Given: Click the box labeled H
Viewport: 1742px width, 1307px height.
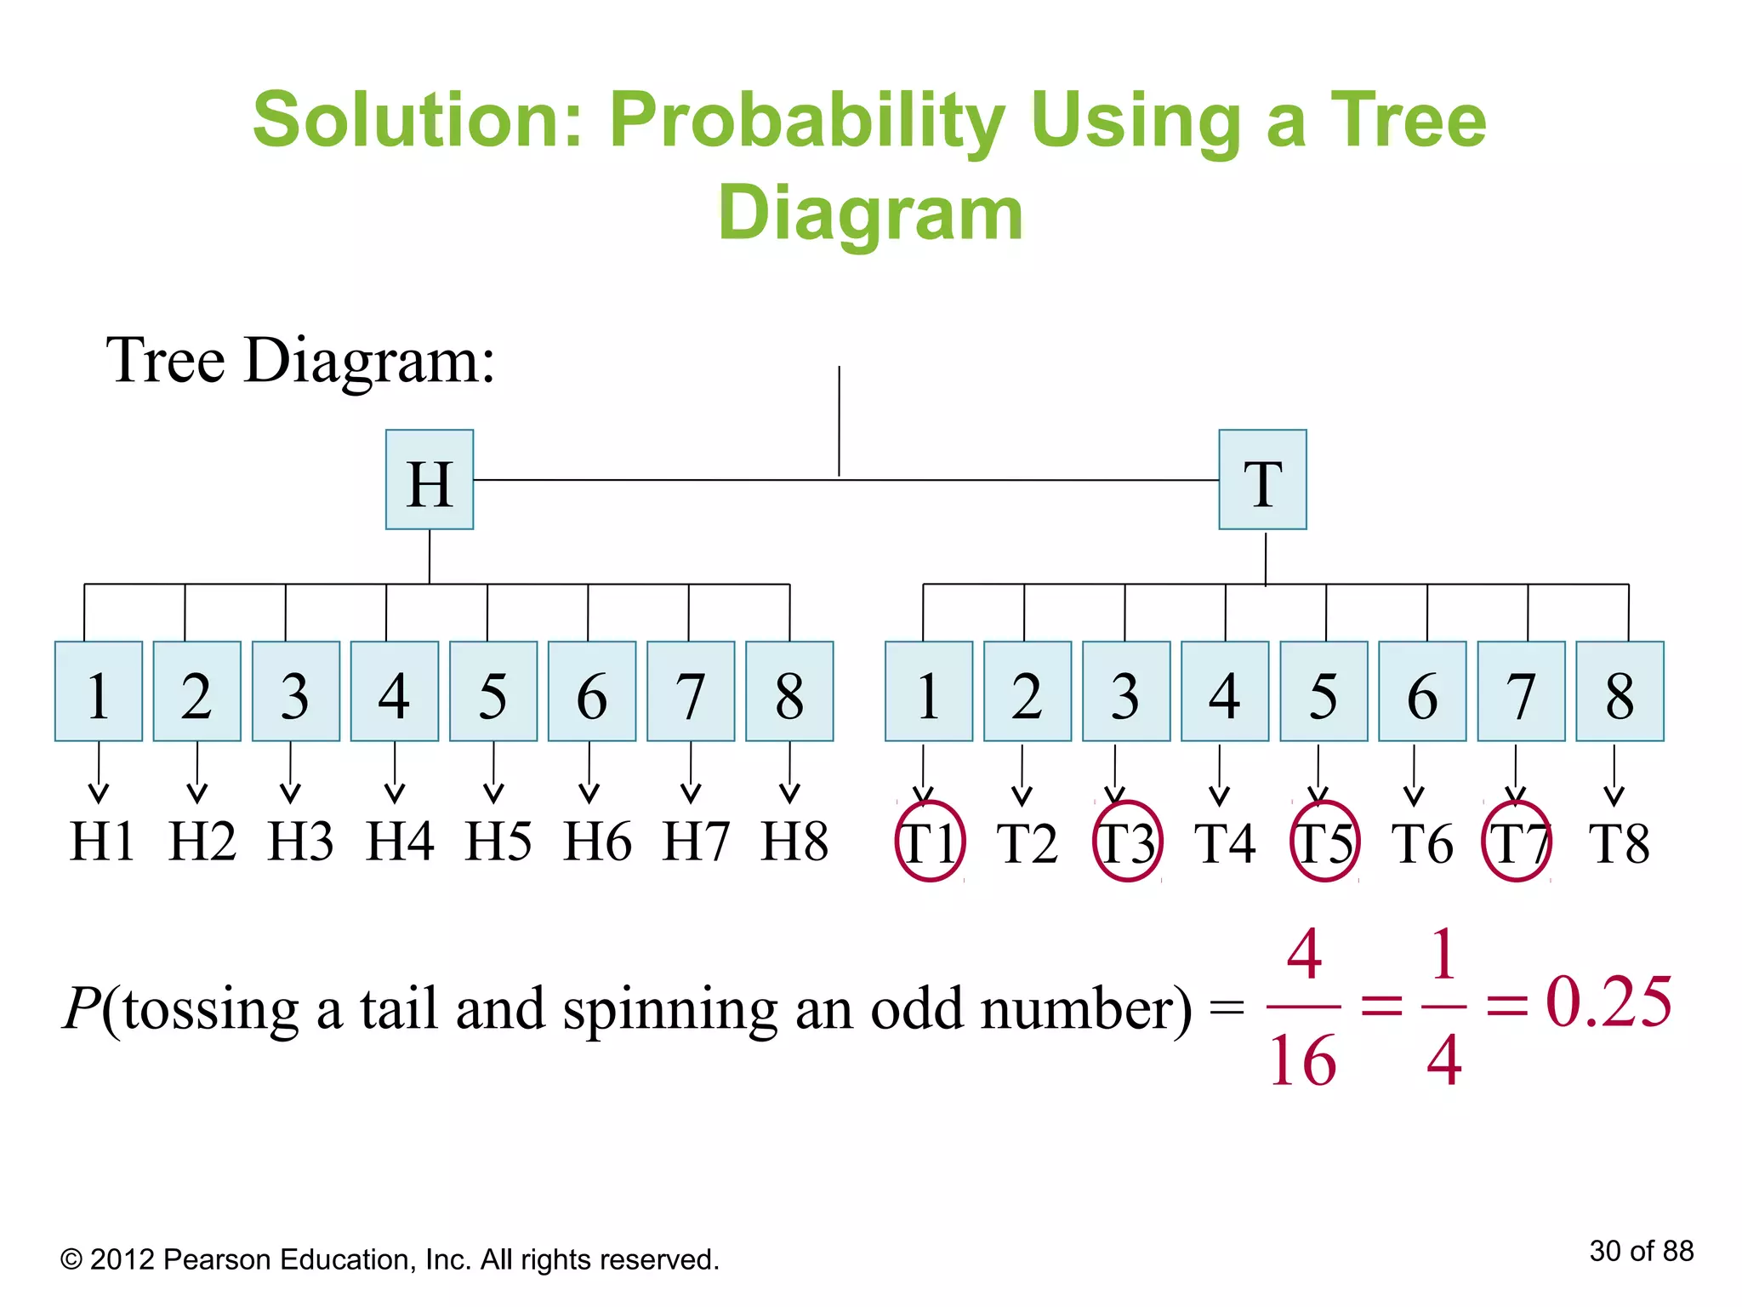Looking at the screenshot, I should pyautogui.click(x=430, y=480).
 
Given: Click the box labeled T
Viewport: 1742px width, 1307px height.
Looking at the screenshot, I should pyautogui.click(x=1262, y=480).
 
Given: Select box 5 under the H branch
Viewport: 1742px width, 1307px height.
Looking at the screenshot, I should pyautogui.click(x=493, y=691).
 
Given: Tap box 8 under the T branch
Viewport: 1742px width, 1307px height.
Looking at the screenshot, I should pyautogui.click(x=1620, y=691).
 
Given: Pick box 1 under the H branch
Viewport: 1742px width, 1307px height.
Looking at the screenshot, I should pyautogui.click(x=99, y=691).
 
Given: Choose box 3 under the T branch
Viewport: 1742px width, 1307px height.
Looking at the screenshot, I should pyautogui.click(x=1126, y=691).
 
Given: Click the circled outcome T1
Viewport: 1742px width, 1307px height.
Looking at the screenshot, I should pyautogui.click(x=930, y=842).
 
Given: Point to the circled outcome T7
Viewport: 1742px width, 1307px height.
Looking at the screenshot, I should pyautogui.click(x=1517, y=842).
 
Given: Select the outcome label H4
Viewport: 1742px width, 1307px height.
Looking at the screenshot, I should pyautogui.click(x=399, y=842).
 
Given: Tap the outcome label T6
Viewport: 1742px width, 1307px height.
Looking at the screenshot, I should pyautogui.click(x=1421, y=843).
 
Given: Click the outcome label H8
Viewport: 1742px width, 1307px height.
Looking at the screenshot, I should pyautogui.click(x=794, y=842).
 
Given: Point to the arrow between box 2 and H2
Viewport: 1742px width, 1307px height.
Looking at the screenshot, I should pyautogui.click(x=197, y=773).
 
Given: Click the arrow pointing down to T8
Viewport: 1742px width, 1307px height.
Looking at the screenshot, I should pyautogui.click(x=1614, y=775).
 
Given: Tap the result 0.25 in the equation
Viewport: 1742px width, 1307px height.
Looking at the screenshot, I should pyautogui.click(x=1608, y=1002).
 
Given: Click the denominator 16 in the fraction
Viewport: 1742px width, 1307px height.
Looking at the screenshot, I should pyautogui.click(x=1302, y=1060).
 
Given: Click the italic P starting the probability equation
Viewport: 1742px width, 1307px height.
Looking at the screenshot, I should pyautogui.click(x=83, y=1009).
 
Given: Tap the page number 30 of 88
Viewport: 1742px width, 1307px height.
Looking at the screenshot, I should pyautogui.click(x=1641, y=1251).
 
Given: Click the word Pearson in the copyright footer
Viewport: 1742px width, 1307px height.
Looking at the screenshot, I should pyautogui.click(x=217, y=1259).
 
